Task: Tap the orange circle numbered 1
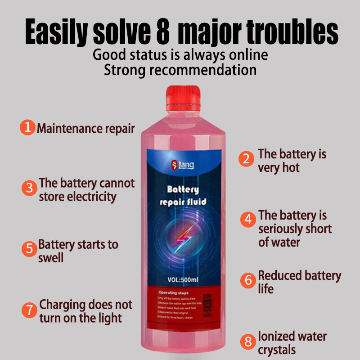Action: click(27, 127)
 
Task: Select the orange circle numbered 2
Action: click(246, 159)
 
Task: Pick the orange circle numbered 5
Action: click(29, 249)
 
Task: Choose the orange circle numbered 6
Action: click(247, 280)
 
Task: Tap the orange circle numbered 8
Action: click(247, 341)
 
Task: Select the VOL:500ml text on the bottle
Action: click(183, 279)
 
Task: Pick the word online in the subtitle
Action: click(247, 55)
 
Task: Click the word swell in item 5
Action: click(51, 258)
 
